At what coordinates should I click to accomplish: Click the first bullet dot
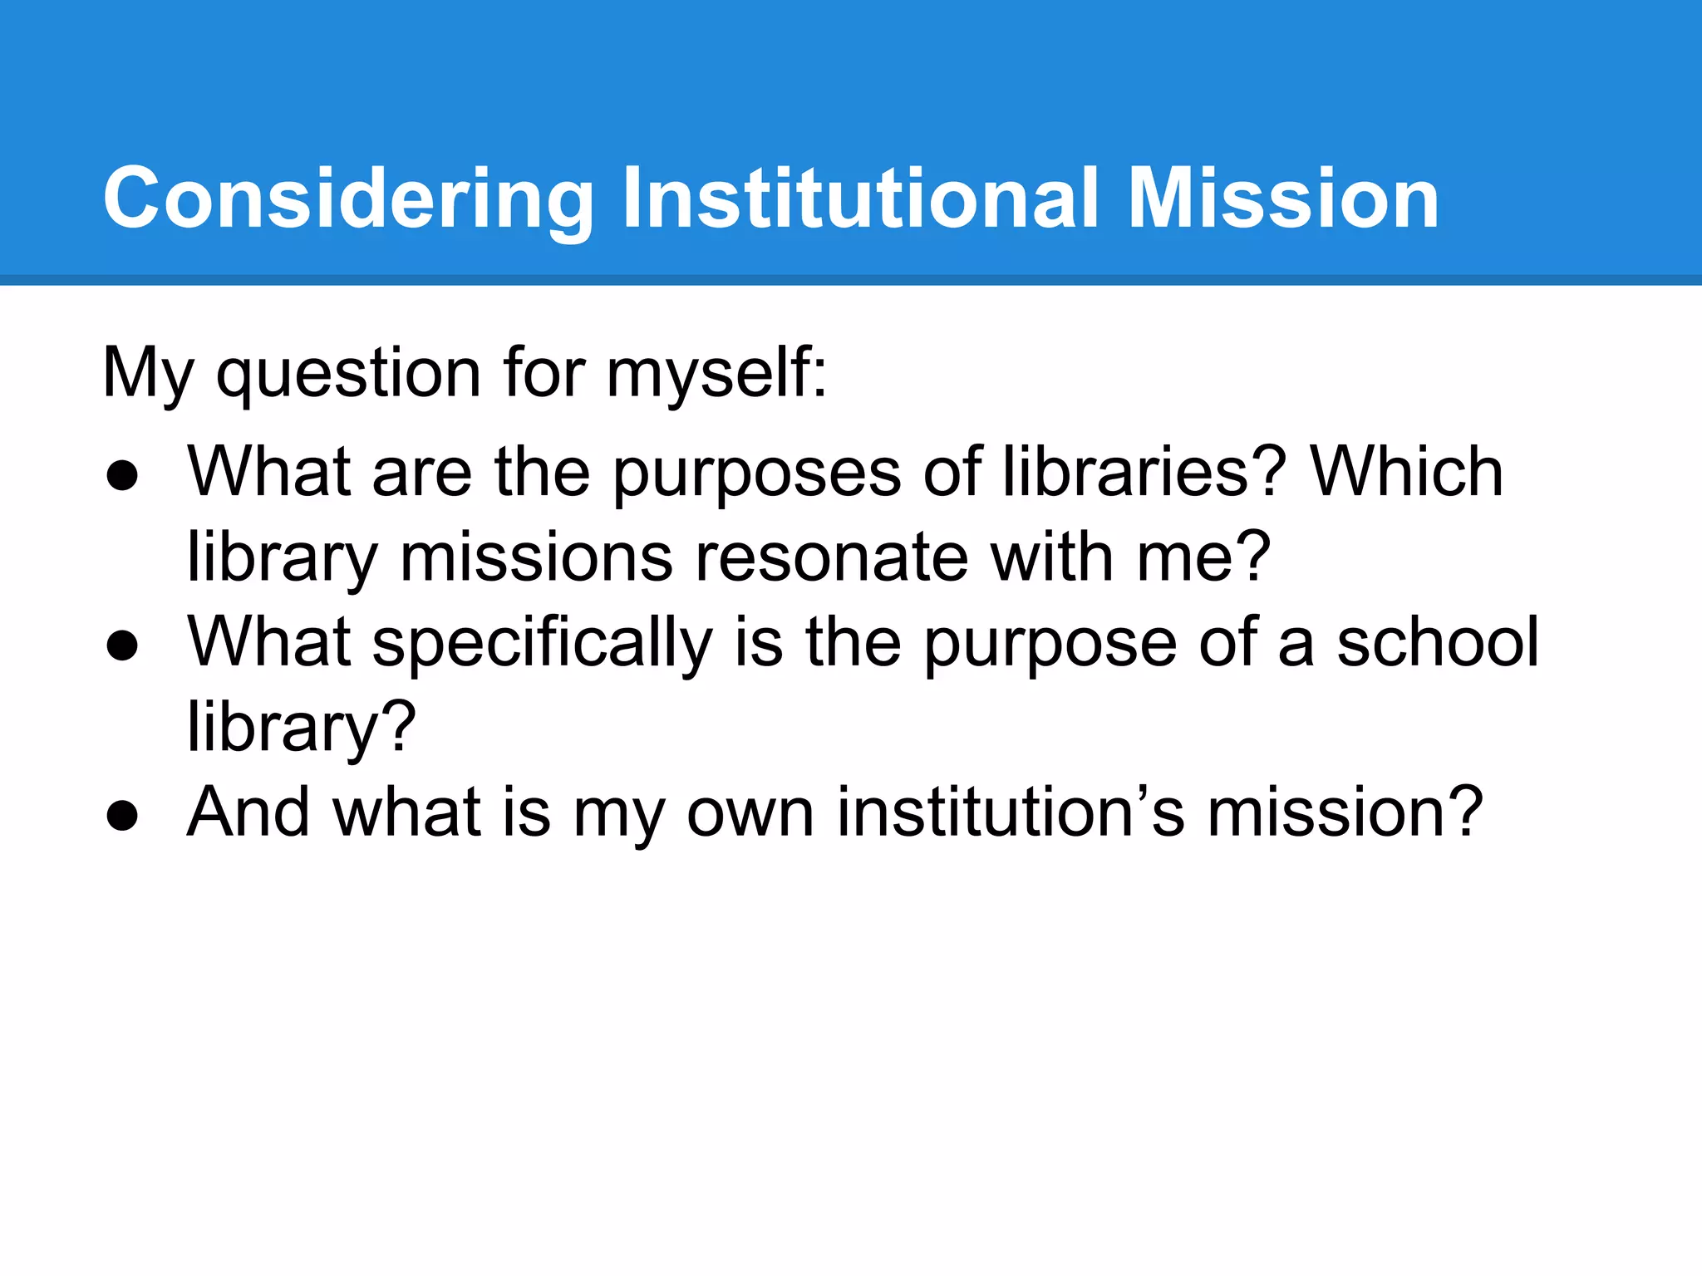122,477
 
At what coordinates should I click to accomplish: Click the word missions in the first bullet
536,558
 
